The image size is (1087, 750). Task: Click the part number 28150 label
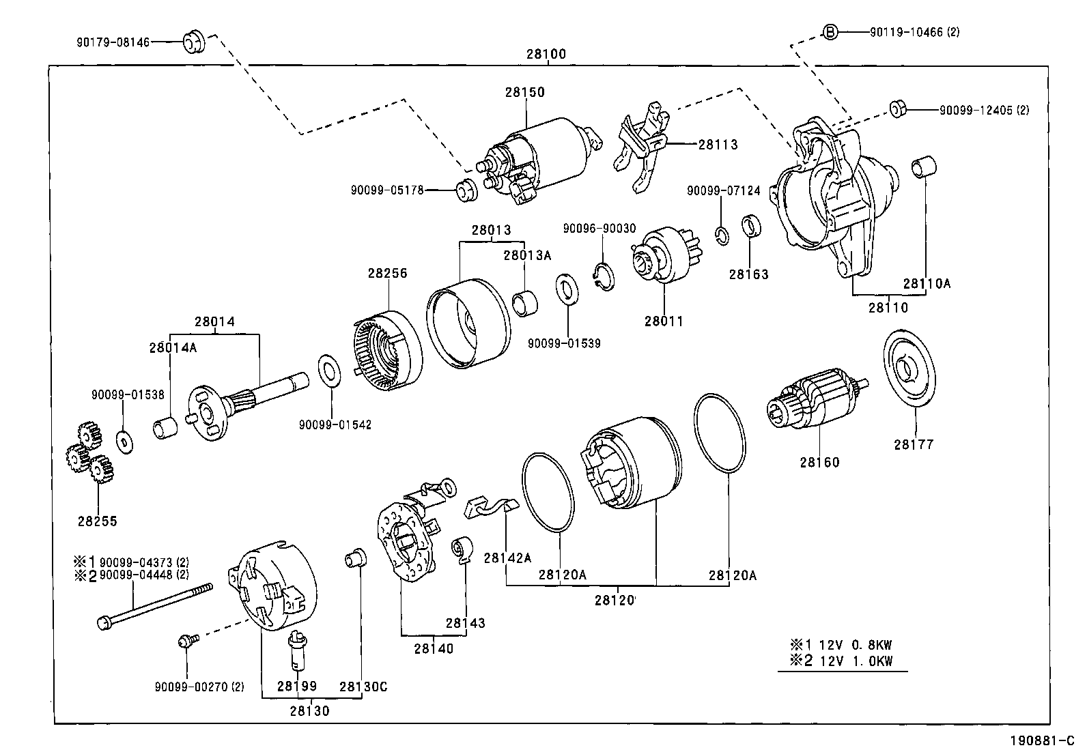point(525,92)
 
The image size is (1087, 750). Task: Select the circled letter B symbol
point(829,31)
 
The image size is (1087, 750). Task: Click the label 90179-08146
point(113,42)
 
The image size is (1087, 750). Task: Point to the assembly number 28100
point(546,54)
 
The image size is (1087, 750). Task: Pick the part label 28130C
point(363,686)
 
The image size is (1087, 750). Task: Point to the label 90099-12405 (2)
point(984,109)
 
